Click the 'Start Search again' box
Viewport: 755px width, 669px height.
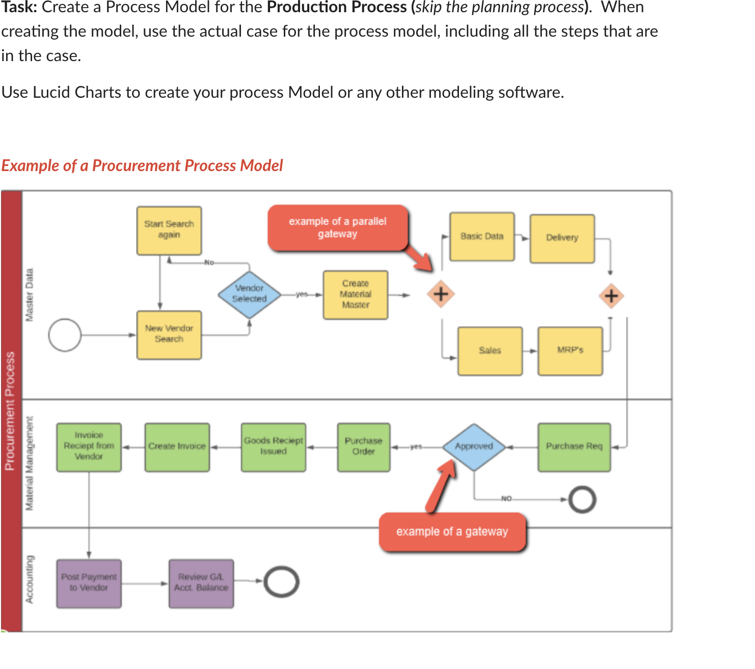pyautogui.click(x=169, y=230)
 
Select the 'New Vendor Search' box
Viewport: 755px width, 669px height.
pyautogui.click(x=169, y=334)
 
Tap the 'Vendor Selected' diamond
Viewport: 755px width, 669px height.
pyautogui.click(x=250, y=294)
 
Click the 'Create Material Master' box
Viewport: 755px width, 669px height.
pyautogui.click(x=356, y=294)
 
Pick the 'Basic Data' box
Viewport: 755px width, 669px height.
pyautogui.click(x=482, y=236)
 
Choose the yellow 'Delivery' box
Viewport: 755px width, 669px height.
pyautogui.click(x=562, y=238)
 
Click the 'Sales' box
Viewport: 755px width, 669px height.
pyautogui.click(x=490, y=350)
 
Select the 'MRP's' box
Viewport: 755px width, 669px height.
pyautogui.click(x=570, y=350)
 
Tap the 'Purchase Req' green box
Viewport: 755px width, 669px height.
pyautogui.click(x=574, y=447)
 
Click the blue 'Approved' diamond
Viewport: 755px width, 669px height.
pyautogui.click(x=474, y=447)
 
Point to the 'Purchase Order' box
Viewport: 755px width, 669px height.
pyautogui.click(x=364, y=447)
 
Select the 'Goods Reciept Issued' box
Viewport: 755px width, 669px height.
pyautogui.click(x=274, y=447)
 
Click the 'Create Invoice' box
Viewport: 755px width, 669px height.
pyautogui.click(x=177, y=447)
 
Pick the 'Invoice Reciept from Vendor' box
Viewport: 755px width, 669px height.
pyautogui.click(x=89, y=447)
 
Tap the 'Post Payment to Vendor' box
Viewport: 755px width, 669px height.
pyautogui.click(x=89, y=583)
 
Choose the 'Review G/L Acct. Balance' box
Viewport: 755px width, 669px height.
pyautogui.click(x=201, y=583)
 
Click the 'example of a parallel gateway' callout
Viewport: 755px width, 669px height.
pyautogui.click(x=338, y=228)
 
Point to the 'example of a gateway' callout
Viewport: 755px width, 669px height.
pyautogui.click(x=452, y=532)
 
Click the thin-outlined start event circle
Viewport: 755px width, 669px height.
pyautogui.click(x=65, y=335)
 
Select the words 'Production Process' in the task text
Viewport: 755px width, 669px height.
pyautogui.click(x=337, y=7)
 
